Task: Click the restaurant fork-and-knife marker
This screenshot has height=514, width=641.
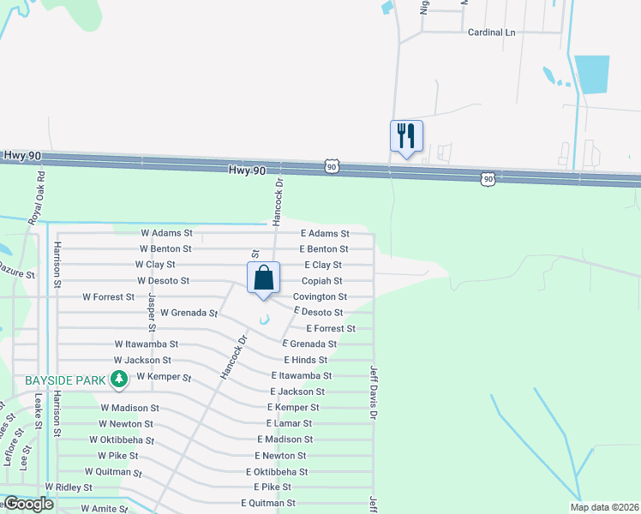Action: pos(406,135)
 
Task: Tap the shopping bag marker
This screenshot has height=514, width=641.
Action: pos(264,278)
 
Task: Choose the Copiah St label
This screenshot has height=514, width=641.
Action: pos(321,281)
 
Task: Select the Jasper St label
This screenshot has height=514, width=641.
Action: pos(151,312)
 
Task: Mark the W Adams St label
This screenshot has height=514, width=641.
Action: pos(167,233)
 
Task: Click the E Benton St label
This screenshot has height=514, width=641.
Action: pos(324,249)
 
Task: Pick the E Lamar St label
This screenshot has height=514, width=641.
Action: pos(289,423)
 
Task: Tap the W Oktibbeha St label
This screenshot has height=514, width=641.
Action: pos(122,440)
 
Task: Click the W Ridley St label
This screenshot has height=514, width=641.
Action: pos(69,487)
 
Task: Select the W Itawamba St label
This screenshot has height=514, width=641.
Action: pos(146,344)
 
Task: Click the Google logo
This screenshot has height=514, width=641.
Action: pos(28,504)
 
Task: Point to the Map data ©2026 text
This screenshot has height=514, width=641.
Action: pos(603,507)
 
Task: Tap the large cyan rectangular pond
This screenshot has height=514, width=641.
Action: pos(591,74)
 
